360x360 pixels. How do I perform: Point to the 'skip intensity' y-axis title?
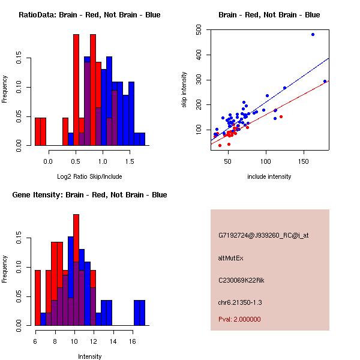point(184,90)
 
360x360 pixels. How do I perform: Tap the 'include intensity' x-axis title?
point(269,176)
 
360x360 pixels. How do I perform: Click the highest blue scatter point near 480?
point(313,34)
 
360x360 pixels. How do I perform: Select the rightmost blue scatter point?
point(325,81)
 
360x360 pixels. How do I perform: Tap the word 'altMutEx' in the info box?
point(231,258)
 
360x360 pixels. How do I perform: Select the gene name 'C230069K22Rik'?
point(241,280)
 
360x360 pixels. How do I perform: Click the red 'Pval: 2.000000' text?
point(239,319)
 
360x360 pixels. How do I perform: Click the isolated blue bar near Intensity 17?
point(139,312)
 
